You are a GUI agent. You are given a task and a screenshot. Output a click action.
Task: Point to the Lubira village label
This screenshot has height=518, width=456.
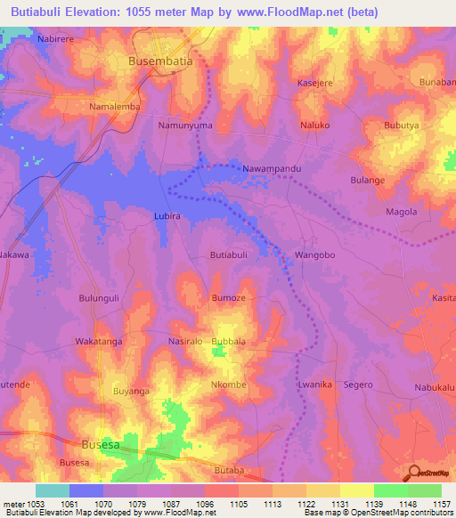pyautogui.click(x=167, y=216)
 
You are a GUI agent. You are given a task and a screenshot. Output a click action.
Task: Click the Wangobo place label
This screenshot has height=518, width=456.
pyautogui.click(x=314, y=255)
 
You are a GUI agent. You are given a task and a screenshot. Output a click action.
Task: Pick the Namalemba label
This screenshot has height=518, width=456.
pyautogui.click(x=115, y=107)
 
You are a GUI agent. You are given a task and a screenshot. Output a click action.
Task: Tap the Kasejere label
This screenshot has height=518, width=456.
pyautogui.click(x=314, y=83)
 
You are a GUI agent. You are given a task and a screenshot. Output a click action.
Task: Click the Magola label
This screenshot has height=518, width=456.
pyautogui.click(x=401, y=211)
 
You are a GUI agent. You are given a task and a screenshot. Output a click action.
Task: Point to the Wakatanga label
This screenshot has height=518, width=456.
pyautogui.click(x=98, y=341)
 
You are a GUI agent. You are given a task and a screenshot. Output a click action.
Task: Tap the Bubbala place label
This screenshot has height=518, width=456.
pyautogui.click(x=228, y=341)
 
